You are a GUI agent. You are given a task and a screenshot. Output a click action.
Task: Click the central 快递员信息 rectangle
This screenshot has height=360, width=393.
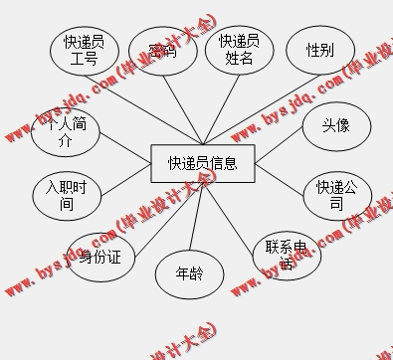point(202,163)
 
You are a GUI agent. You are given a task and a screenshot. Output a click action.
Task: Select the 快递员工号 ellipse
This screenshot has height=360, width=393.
point(85,51)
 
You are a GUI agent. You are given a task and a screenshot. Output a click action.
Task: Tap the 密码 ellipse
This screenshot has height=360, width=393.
point(162,51)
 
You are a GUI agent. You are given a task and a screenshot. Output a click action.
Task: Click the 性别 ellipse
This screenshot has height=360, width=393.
point(319,50)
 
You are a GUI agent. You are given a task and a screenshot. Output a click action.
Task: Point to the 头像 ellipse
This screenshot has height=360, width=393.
point(335,126)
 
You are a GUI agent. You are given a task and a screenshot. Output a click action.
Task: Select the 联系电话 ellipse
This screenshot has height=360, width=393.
point(286,254)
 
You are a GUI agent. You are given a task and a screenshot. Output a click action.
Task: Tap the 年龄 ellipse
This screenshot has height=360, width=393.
point(189,272)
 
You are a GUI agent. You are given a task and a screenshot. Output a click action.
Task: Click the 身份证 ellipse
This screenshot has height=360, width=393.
point(99,257)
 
